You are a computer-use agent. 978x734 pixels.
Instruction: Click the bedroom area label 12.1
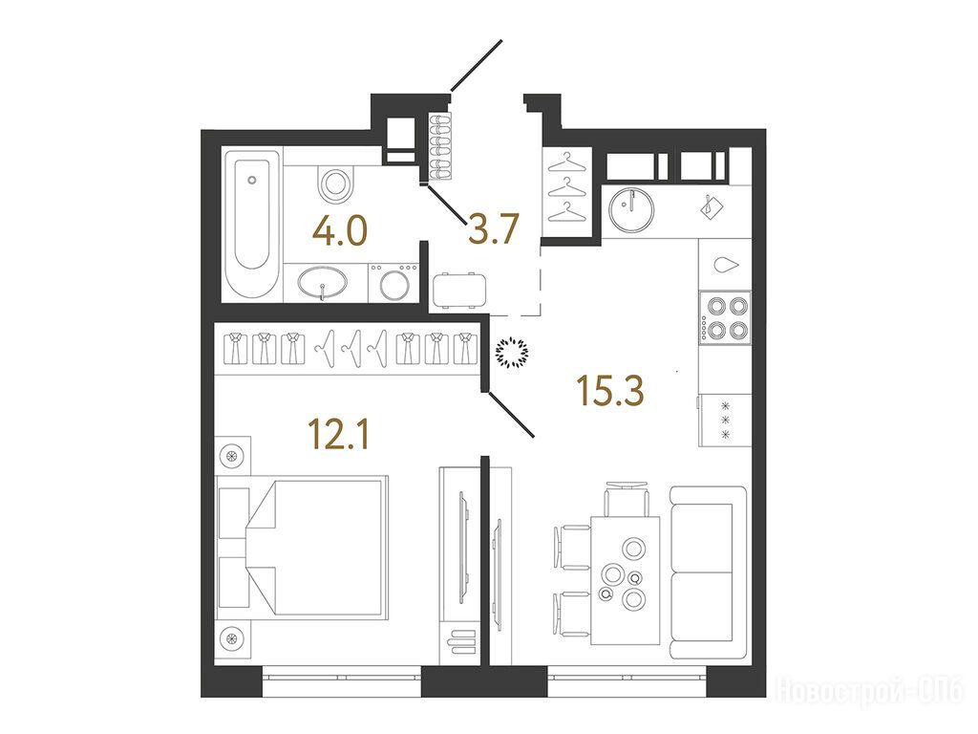coord(339,435)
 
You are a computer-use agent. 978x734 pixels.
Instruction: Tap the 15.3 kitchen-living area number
coord(610,391)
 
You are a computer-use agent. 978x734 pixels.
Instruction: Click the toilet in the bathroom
coord(335,182)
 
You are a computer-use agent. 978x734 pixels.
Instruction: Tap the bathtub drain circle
coord(251,181)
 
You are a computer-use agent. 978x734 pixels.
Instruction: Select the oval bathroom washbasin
coord(322,282)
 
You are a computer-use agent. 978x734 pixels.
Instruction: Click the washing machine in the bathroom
coord(393,283)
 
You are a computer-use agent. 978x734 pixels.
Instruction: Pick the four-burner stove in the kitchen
coord(725,317)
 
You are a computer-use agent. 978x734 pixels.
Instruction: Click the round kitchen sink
coord(631,209)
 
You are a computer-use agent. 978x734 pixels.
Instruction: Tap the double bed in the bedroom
coord(302,548)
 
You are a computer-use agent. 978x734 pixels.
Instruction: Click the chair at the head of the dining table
coord(627,499)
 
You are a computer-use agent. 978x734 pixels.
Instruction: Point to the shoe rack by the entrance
coord(439,146)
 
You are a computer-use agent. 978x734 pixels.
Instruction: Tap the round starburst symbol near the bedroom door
coord(512,354)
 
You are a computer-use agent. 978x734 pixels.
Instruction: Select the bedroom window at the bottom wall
coord(342,680)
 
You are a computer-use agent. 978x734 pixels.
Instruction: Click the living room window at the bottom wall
coord(627,680)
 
